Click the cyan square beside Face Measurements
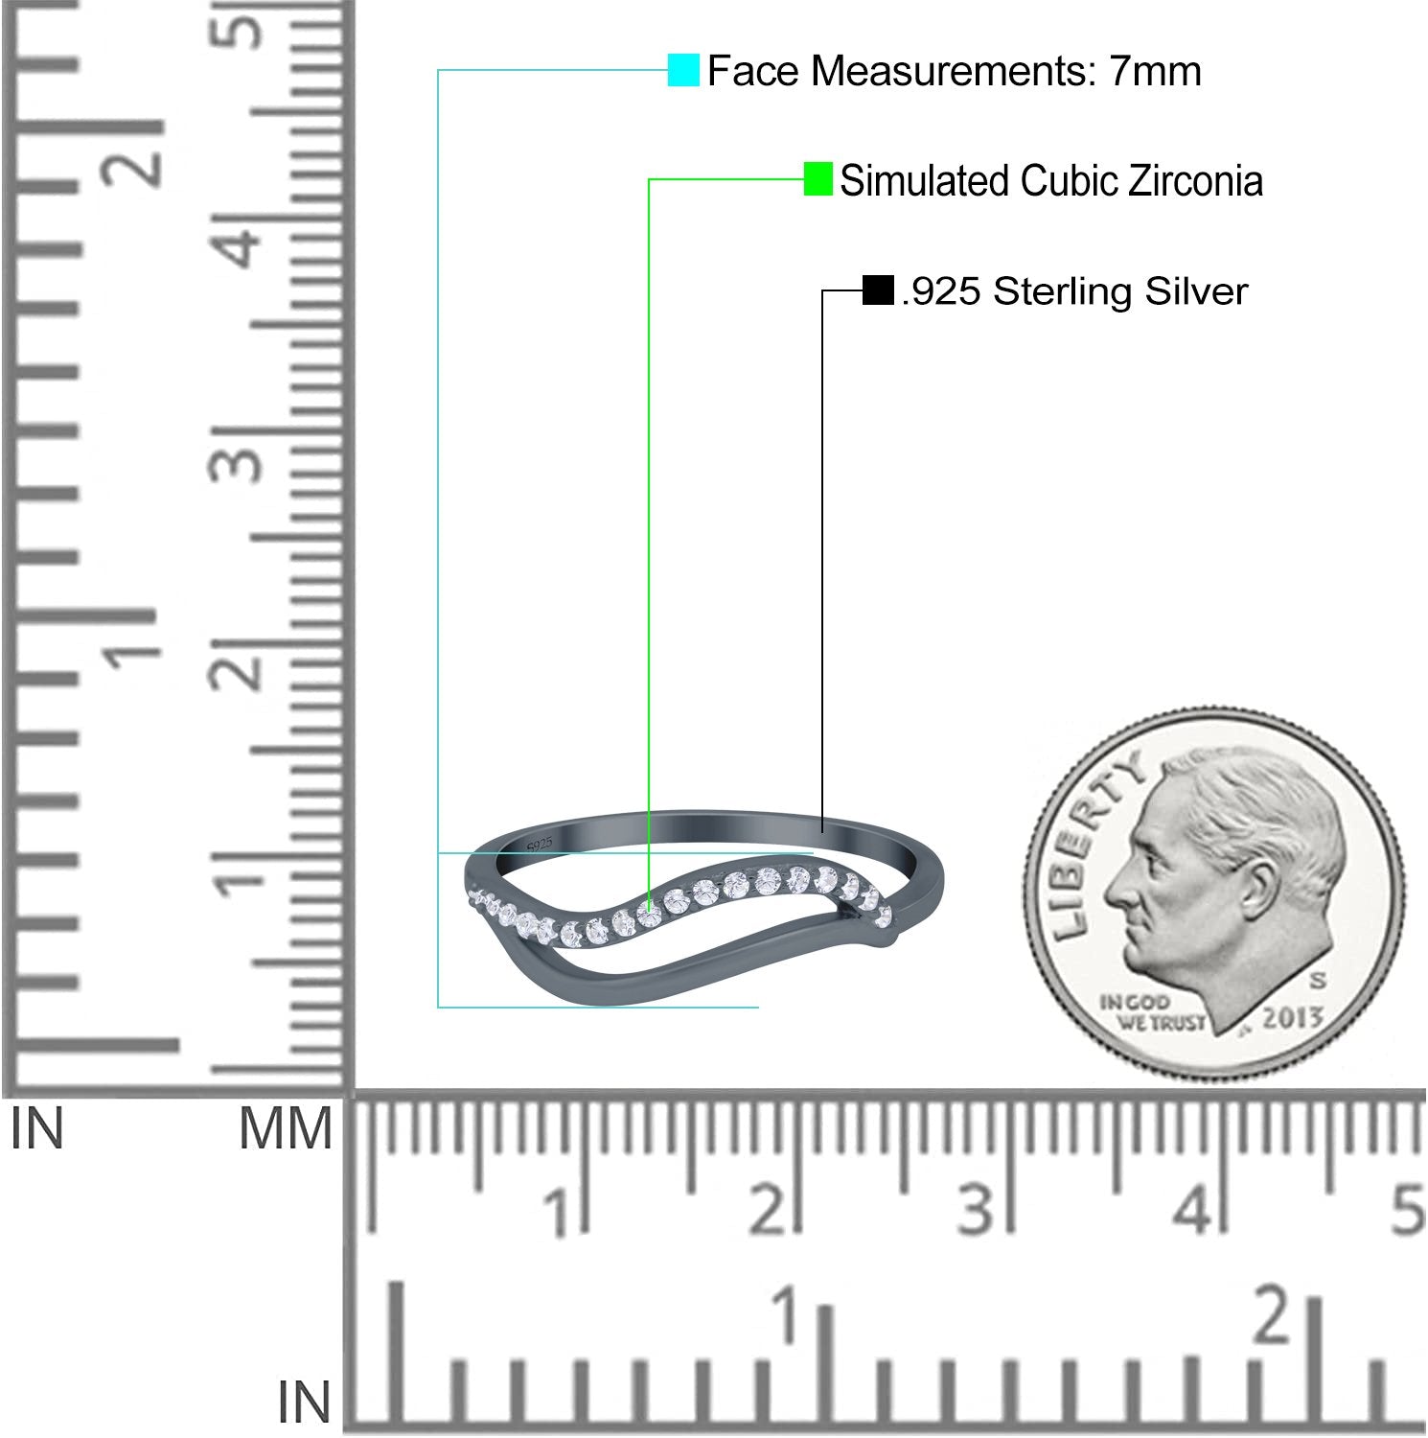[683, 71]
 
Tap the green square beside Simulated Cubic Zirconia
[818, 179]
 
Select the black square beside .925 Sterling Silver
[878, 290]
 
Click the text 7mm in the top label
[1155, 72]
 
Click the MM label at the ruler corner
[285, 1128]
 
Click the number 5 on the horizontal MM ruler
[1406, 1211]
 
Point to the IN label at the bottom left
[304, 1403]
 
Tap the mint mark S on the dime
[1318, 981]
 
